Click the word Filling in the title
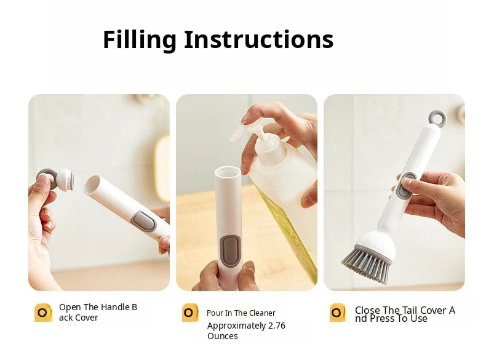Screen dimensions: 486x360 (140, 39)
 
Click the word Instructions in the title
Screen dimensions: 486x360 (259, 39)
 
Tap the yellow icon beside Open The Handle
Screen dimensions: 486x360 (43, 313)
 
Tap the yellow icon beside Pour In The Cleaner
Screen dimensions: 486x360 (190, 313)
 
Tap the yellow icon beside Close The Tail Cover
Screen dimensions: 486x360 (338, 313)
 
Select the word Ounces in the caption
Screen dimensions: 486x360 (223, 336)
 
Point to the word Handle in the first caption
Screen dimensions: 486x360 (114, 307)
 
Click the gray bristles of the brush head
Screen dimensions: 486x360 (366, 265)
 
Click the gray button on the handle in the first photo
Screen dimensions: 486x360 (143, 221)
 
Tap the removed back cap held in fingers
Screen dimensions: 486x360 (56, 179)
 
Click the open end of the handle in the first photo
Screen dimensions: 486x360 (92, 185)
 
